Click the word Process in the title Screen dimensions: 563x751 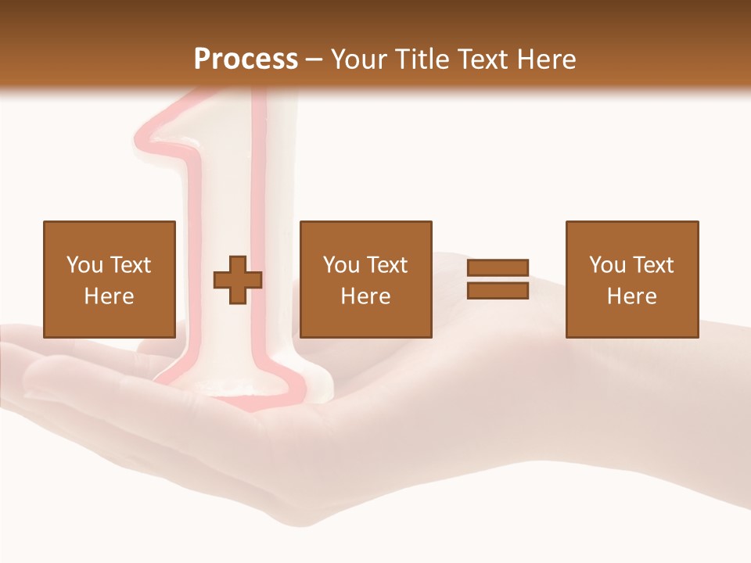(x=246, y=59)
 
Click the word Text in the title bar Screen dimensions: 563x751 (x=480, y=59)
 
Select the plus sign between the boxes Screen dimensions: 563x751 (x=238, y=280)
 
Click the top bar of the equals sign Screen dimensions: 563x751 (x=498, y=267)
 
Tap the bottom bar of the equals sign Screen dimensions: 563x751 (x=498, y=291)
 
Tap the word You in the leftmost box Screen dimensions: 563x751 (x=84, y=265)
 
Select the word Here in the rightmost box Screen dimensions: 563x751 (x=631, y=296)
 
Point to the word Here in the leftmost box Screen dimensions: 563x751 (x=109, y=296)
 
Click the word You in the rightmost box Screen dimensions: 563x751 (x=606, y=265)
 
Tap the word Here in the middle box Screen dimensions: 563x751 (x=365, y=296)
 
